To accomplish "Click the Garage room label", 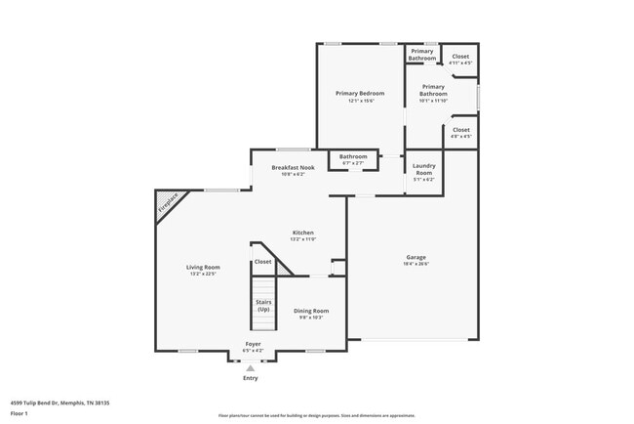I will (416, 257).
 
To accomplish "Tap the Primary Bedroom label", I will (360, 94).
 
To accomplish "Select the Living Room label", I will (204, 267).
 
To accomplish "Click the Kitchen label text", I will (302, 233).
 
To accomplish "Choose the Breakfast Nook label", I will (293, 168).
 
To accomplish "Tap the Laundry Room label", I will (423, 169).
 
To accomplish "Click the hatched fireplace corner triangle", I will (167, 203).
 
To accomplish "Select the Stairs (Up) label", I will (263, 306).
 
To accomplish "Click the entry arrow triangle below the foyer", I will (250, 367).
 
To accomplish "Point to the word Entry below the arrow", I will (250, 378).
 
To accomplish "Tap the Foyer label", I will (253, 344).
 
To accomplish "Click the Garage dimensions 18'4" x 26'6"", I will (416, 264).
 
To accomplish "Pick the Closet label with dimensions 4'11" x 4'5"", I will (460, 57).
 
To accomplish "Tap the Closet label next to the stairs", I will (263, 262).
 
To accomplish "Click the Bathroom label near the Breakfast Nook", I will (353, 156).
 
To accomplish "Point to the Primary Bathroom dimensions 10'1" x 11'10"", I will (433, 101).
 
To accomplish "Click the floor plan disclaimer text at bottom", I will (317, 415).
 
